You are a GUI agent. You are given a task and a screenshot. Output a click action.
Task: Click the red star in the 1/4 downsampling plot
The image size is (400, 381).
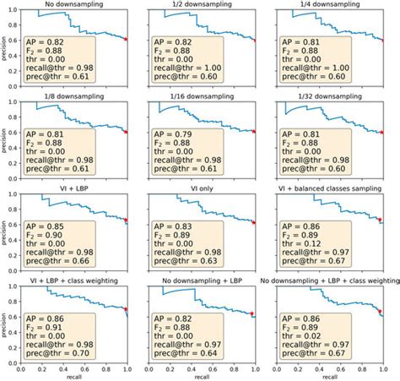385,39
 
